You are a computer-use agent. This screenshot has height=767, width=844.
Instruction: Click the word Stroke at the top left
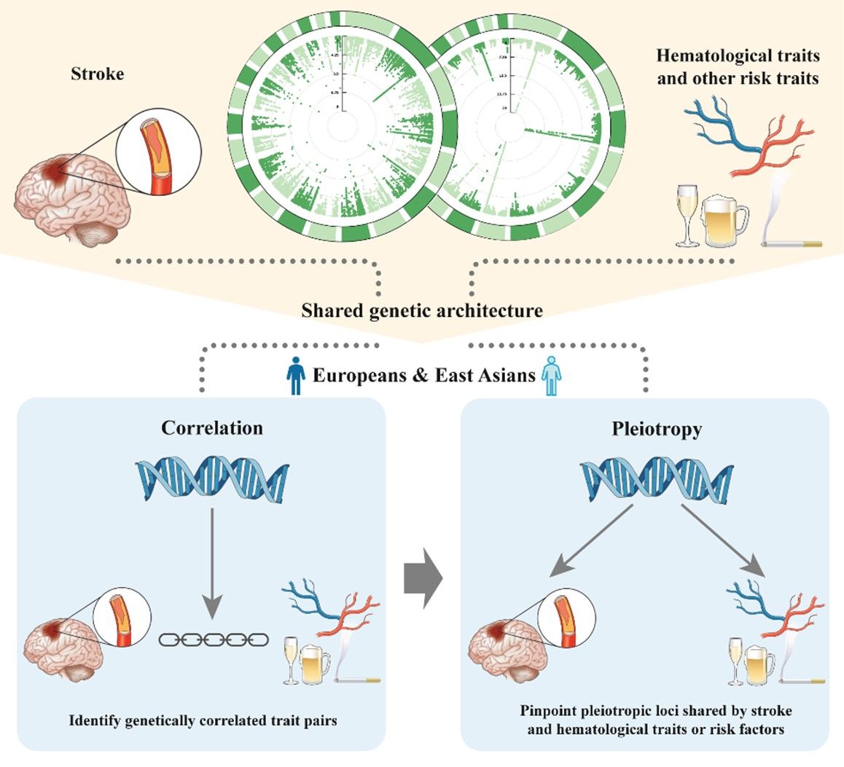[97, 74]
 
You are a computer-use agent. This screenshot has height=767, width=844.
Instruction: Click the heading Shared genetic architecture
[422, 311]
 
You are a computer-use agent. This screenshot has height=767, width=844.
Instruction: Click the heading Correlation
[212, 428]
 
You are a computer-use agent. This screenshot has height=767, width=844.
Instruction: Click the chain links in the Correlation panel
[214, 640]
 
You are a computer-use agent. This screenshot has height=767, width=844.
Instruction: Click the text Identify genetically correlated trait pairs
[203, 721]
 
